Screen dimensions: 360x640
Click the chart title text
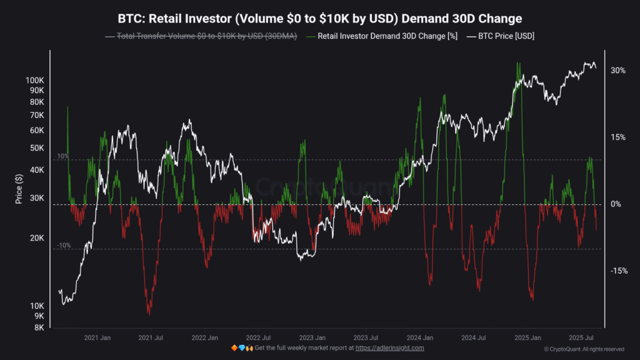coord(320,18)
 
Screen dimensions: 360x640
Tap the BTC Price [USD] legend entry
coord(505,36)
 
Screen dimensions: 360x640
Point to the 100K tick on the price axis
coord(34,81)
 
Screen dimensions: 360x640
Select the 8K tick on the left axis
coord(39,327)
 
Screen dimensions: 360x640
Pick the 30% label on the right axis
coord(618,71)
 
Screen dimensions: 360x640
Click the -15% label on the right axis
coord(617,271)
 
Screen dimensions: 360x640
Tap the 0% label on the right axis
coord(616,204)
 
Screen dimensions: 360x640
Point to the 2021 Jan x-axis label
coord(97,337)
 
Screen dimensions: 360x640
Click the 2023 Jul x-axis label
coord(364,337)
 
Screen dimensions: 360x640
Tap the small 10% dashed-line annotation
coord(63,156)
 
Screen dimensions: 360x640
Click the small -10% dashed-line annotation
coord(63,246)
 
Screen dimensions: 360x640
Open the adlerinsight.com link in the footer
coord(389,347)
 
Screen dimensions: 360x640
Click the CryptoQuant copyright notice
coord(584,349)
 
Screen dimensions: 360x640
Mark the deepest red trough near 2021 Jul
coord(149,313)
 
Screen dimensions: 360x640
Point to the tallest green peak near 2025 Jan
coord(517,63)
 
